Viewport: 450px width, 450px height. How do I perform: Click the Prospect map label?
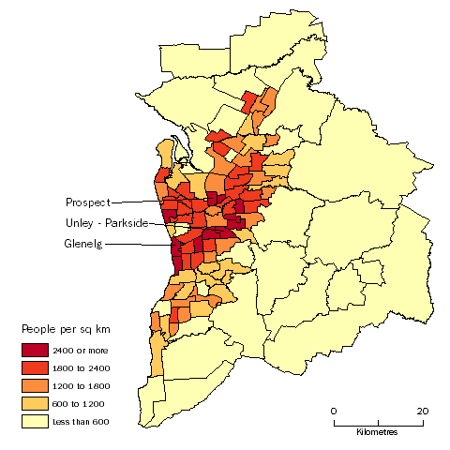click(87, 202)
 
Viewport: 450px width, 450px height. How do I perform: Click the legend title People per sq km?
click(66, 330)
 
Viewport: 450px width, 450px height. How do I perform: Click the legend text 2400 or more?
click(78, 350)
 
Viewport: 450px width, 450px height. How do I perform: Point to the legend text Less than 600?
click(77, 421)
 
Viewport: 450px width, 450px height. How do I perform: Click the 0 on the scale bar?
click(333, 411)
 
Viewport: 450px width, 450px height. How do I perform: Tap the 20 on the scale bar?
click(422, 411)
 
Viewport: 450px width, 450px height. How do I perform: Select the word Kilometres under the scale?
click(377, 432)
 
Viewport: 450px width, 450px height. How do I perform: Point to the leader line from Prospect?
click(145, 202)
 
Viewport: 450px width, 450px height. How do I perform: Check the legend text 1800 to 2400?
click(78, 367)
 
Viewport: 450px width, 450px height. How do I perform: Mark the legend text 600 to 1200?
click(77, 403)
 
